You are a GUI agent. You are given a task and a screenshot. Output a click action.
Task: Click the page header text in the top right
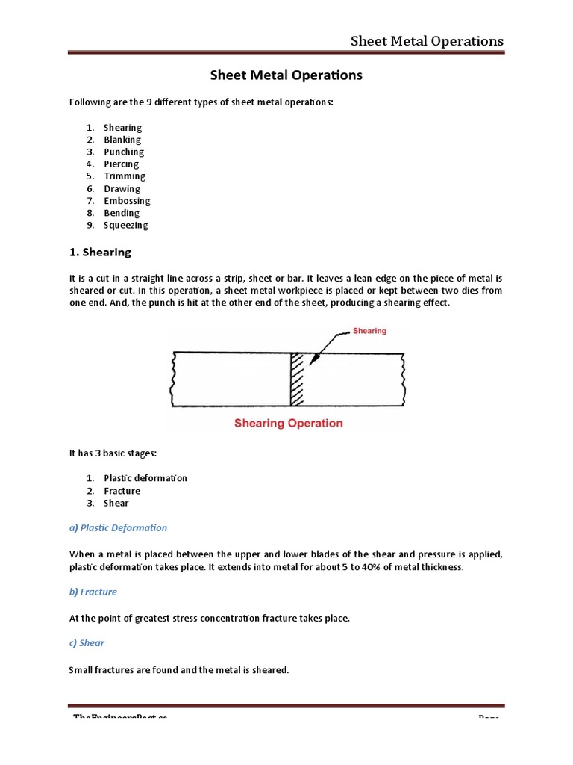coord(427,40)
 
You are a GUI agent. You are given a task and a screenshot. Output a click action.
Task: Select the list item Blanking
coord(122,140)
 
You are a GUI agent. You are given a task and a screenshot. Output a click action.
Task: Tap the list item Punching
coord(124,152)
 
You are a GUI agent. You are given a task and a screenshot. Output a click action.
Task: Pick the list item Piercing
coord(121,164)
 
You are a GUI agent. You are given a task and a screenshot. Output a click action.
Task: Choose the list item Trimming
coord(125,176)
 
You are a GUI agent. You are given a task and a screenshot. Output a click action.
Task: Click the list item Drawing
coord(122,189)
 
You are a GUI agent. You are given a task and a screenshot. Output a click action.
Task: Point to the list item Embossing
coord(127,201)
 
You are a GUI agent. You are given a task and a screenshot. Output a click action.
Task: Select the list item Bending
coord(122,213)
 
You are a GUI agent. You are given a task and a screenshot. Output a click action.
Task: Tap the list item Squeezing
coord(126,225)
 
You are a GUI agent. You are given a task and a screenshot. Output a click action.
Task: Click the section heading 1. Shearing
coord(100,253)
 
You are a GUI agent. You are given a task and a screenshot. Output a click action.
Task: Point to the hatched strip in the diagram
coord(298,379)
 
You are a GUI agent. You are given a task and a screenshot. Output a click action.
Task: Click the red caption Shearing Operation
coord(289,423)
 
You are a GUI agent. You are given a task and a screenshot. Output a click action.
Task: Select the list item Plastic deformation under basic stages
coord(145,478)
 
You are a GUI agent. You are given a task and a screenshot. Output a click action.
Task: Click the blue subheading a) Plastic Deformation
coord(118,527)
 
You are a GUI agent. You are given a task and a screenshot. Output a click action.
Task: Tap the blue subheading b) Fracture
coord(93,592)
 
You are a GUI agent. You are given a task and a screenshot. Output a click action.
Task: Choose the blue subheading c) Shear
coord(87,642)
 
